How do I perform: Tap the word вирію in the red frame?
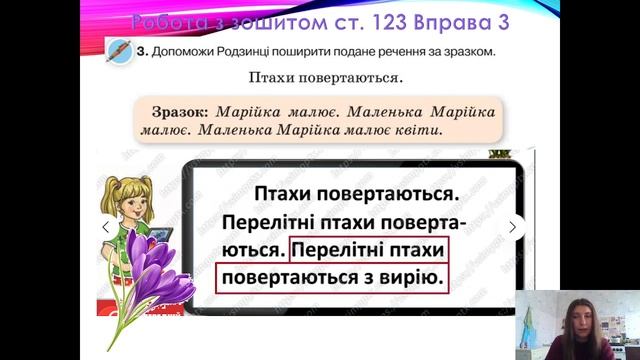pos(410,275)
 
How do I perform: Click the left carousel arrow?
pos(105,227)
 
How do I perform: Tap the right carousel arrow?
pos(513,227)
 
